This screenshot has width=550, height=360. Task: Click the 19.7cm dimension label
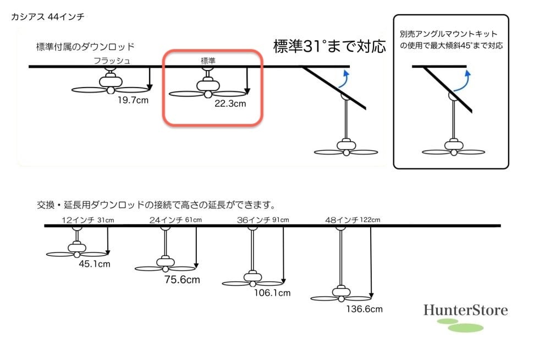(x=133, y=100)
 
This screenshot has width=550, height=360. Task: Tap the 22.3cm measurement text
(x=230, y=102)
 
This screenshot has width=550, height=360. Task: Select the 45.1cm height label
(x=95, y=264)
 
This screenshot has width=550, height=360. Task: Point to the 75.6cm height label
(x=182, y=280)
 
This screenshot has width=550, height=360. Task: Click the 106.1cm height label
(x=272, y=293)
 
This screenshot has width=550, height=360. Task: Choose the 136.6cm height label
(x=364, y=309)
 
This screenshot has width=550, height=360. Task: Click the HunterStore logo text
(x=465, y=310)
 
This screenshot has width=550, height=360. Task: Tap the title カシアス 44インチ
(x=47, y=17)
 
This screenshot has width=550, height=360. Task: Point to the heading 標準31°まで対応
(x=330, y=46)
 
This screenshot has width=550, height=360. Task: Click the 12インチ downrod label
(x=78, y=220)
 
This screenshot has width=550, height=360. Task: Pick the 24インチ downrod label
(x=166, y=220)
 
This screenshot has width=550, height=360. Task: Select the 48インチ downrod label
(x=342, y=220)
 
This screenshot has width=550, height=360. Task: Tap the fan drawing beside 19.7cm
(x=111, y=85)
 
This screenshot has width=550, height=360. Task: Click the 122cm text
(x=370, y=220)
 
